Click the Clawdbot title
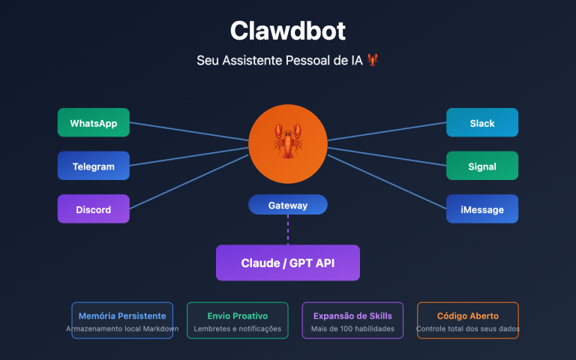coord(288,31)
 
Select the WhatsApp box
coord(93,123)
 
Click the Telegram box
coord(93,166)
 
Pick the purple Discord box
coord(93,209)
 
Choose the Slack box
coord(481,123)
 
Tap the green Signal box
coord(481,166)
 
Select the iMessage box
coord(481,209)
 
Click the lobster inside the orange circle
coord(288,141)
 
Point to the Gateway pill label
coord(288,205)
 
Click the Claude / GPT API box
coord(288,262)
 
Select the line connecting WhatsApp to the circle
coord(187,131)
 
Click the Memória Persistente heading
coord(122,316)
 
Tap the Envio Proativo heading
coord(237,316)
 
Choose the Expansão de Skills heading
coord(352,316)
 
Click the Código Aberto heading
coord(467,316)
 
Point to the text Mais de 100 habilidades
coord(352,329)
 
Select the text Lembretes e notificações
coord(237,329)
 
